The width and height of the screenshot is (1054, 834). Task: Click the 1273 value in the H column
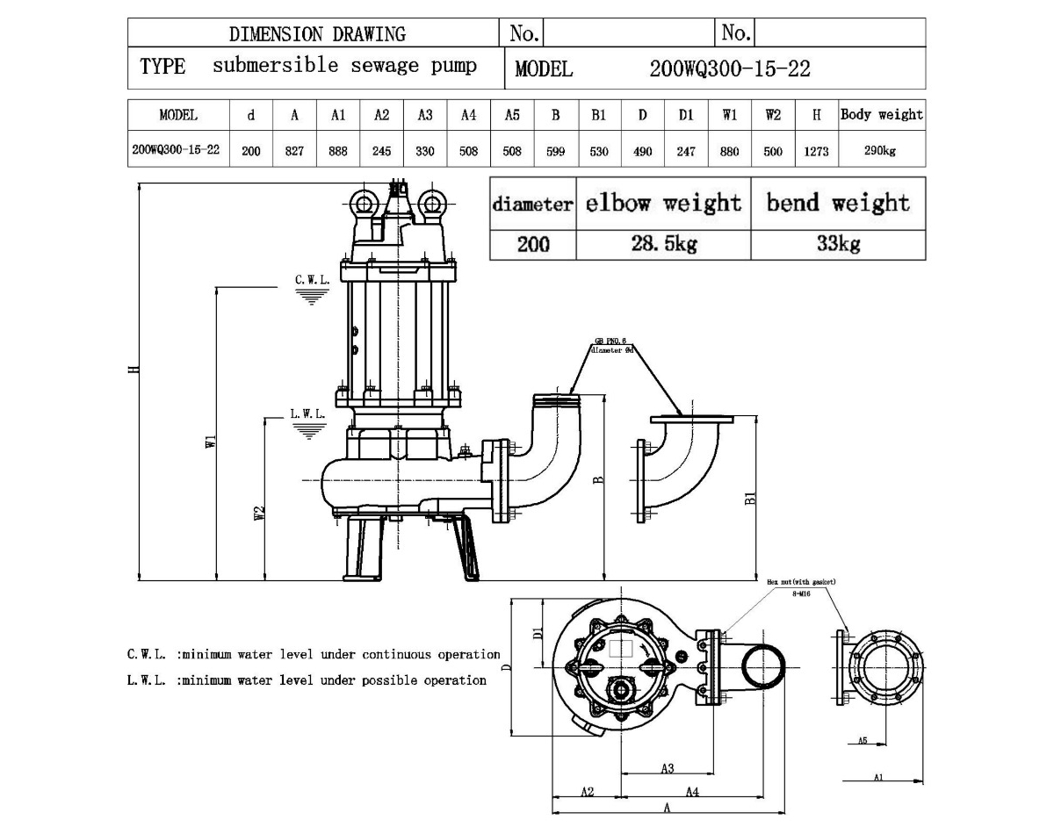point(816,151)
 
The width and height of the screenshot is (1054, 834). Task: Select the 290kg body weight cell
point(881,151)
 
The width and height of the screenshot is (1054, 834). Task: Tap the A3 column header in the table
point(425,115)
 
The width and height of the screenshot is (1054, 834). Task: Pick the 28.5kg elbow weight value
point(663,244)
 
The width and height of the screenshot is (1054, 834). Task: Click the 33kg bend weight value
point(838,244)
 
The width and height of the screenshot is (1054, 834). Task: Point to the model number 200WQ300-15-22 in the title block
point(729,69)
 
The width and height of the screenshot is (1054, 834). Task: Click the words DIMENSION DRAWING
point(317,34)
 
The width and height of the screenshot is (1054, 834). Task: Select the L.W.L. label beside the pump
point(307,413)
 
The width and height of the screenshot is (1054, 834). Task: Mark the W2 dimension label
point(259,514)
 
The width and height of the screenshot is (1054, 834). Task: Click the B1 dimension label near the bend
point(750,498)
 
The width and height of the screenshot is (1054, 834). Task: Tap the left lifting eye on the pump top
point(364,204)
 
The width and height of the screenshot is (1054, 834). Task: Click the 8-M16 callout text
point(801,593)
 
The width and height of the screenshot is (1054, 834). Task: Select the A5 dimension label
point(863,741)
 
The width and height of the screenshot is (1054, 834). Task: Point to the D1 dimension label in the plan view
point(538,631)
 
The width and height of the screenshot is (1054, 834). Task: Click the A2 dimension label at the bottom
point(588,792)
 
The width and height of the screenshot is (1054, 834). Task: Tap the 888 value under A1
point(338,151)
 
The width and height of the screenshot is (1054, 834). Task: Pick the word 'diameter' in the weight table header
point(532,205)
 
